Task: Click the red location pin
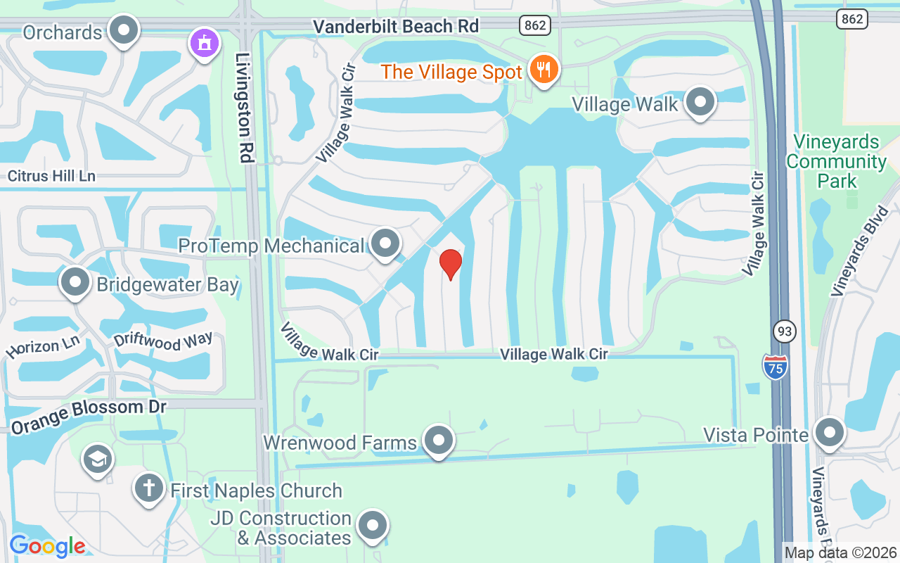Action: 450,264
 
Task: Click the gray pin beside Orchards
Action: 125,30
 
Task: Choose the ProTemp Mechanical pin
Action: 385,243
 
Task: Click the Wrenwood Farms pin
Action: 439,441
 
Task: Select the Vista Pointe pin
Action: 830,432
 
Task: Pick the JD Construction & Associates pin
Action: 373,525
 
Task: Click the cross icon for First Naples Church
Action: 148,488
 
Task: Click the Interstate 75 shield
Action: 775,367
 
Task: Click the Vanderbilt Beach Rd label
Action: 396,27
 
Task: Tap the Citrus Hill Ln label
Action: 51,176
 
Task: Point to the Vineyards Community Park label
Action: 836,161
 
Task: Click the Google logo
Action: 47,545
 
